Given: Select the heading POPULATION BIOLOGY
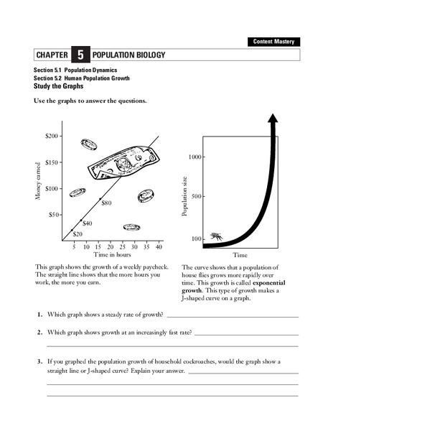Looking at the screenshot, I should pyautogui.click(x=129, y=55).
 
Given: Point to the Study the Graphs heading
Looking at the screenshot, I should pyautogui.click(x=59, y=85).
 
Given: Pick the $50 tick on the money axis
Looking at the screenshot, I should pyautogui.click(x=52, y=214).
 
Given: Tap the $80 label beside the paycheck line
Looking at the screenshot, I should pyautogui.click(x=107, y=203).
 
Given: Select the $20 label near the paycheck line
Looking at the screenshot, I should pyautogui.click(x=78, y=234).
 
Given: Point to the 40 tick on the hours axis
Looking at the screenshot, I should pyautogui.click(x=159, y=247).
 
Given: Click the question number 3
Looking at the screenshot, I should pyautogui.click(x=39, y=361).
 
